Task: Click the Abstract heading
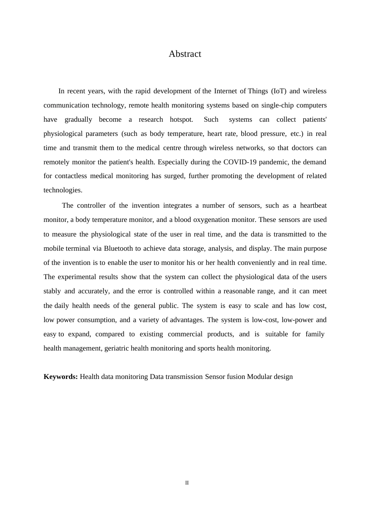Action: click(185, 54)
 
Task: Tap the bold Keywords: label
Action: click(61, 377)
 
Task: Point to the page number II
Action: click(187, 483)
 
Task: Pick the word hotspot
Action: click(181, 119)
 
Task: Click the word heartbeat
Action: click(313, 205)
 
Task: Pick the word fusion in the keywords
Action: click(236, 377)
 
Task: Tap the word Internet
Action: click(226, 91)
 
